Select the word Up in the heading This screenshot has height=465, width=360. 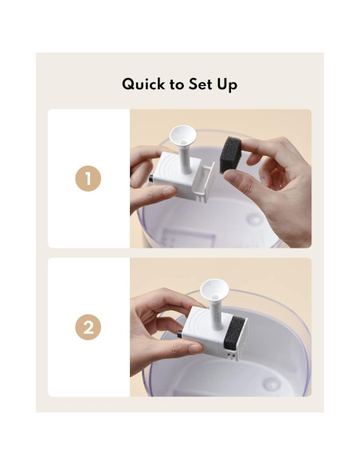point(227,85)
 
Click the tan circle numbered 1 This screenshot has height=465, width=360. point(88,178)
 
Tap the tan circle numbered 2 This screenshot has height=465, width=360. point(88,327)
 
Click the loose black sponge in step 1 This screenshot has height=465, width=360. point(230,154)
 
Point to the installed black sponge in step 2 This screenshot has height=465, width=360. point(234,333)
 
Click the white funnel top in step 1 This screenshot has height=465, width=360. point(182,137)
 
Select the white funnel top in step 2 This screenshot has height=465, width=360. point(214,290)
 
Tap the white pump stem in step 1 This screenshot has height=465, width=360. point(185,158)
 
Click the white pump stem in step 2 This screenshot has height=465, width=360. point(217,314)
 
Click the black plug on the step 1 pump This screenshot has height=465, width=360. point(151,178)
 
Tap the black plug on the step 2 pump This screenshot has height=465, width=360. point(180,334)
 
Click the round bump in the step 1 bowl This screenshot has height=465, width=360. point(254,220)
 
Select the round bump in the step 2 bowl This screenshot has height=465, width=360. point(272,384)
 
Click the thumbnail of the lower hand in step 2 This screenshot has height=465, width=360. point(195,349)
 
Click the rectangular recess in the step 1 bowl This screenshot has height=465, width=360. point(188,237)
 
